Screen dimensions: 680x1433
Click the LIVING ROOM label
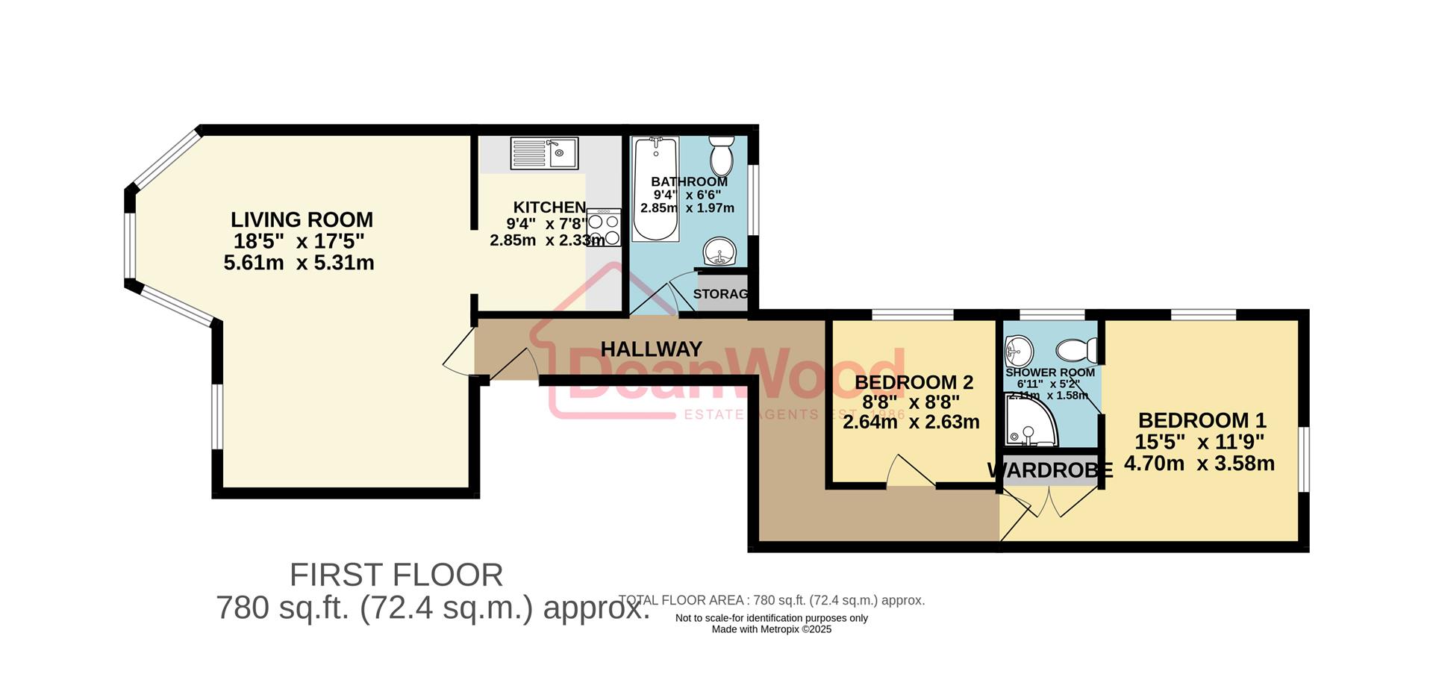[302, 220]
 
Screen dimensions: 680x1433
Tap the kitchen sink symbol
[544, 154]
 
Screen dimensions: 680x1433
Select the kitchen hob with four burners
[604, 228]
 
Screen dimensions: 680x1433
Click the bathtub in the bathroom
[655, 188]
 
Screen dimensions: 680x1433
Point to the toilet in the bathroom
[722, 155]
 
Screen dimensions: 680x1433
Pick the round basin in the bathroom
[720, 252]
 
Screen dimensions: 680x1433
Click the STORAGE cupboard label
[720, 294]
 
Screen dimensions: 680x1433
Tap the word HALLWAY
[651, 349]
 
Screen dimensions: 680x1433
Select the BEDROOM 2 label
[914, 383]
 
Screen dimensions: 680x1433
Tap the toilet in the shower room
[1077, 349]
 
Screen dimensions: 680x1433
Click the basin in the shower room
[1018, 349]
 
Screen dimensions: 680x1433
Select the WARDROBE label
[1049, 470]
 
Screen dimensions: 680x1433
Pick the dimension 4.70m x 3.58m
[1199, 464]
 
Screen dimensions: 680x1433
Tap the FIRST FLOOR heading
[396, 575]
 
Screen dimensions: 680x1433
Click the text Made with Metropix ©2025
[771, 629]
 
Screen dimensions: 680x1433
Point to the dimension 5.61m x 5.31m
[299, 263]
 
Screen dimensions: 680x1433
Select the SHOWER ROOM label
[1049, 372]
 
